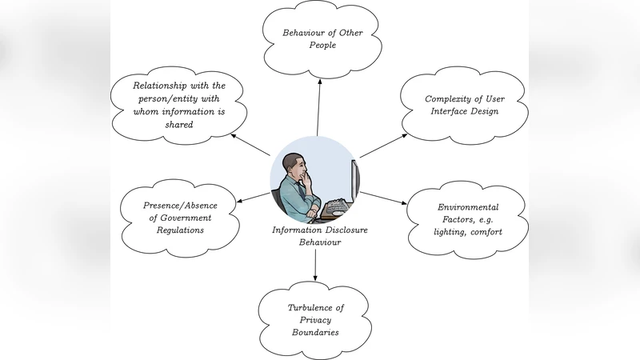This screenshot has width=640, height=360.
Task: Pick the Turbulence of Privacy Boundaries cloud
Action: coord(315,319)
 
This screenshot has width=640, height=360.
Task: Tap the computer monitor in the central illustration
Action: coord(354,182)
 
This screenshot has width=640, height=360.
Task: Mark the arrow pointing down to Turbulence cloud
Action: coord(315,264)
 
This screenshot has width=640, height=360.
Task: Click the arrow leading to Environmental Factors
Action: coord(385,198)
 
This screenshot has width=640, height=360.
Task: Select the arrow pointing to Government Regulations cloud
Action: coord(256,197)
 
